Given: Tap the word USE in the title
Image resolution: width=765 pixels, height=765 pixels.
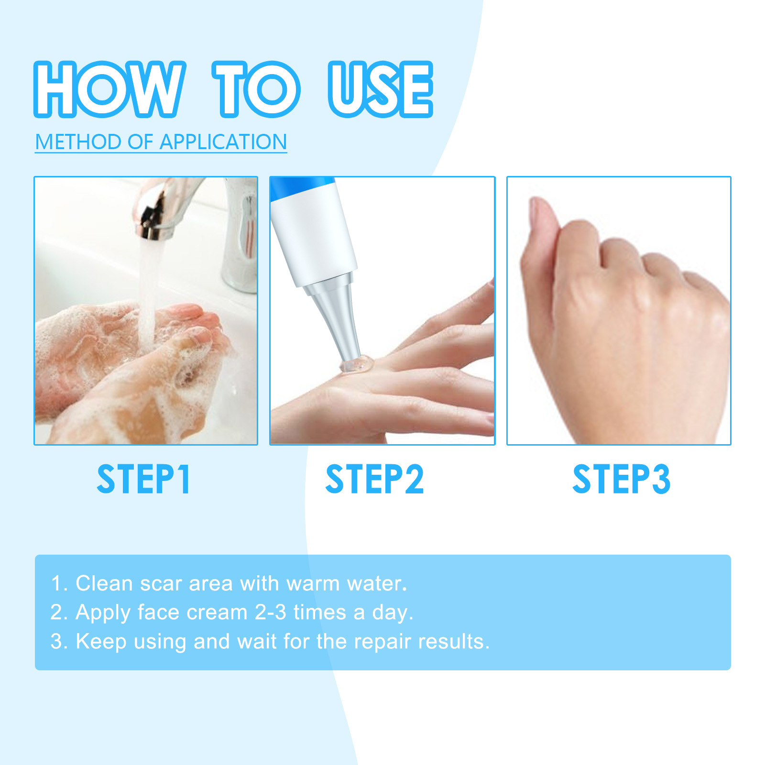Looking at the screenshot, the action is (381, 89).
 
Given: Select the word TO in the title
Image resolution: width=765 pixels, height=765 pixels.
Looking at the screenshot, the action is (256, 89).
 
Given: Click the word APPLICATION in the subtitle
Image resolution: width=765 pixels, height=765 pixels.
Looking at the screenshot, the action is (223, 142).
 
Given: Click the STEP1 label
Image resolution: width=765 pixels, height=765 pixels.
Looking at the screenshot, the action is (144, 479).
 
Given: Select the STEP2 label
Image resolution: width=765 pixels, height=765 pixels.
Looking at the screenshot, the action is (374, 479).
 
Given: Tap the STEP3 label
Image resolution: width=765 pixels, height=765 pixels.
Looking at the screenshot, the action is (622, 479).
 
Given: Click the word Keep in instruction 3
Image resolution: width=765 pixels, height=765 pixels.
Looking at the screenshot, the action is (101, 642).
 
